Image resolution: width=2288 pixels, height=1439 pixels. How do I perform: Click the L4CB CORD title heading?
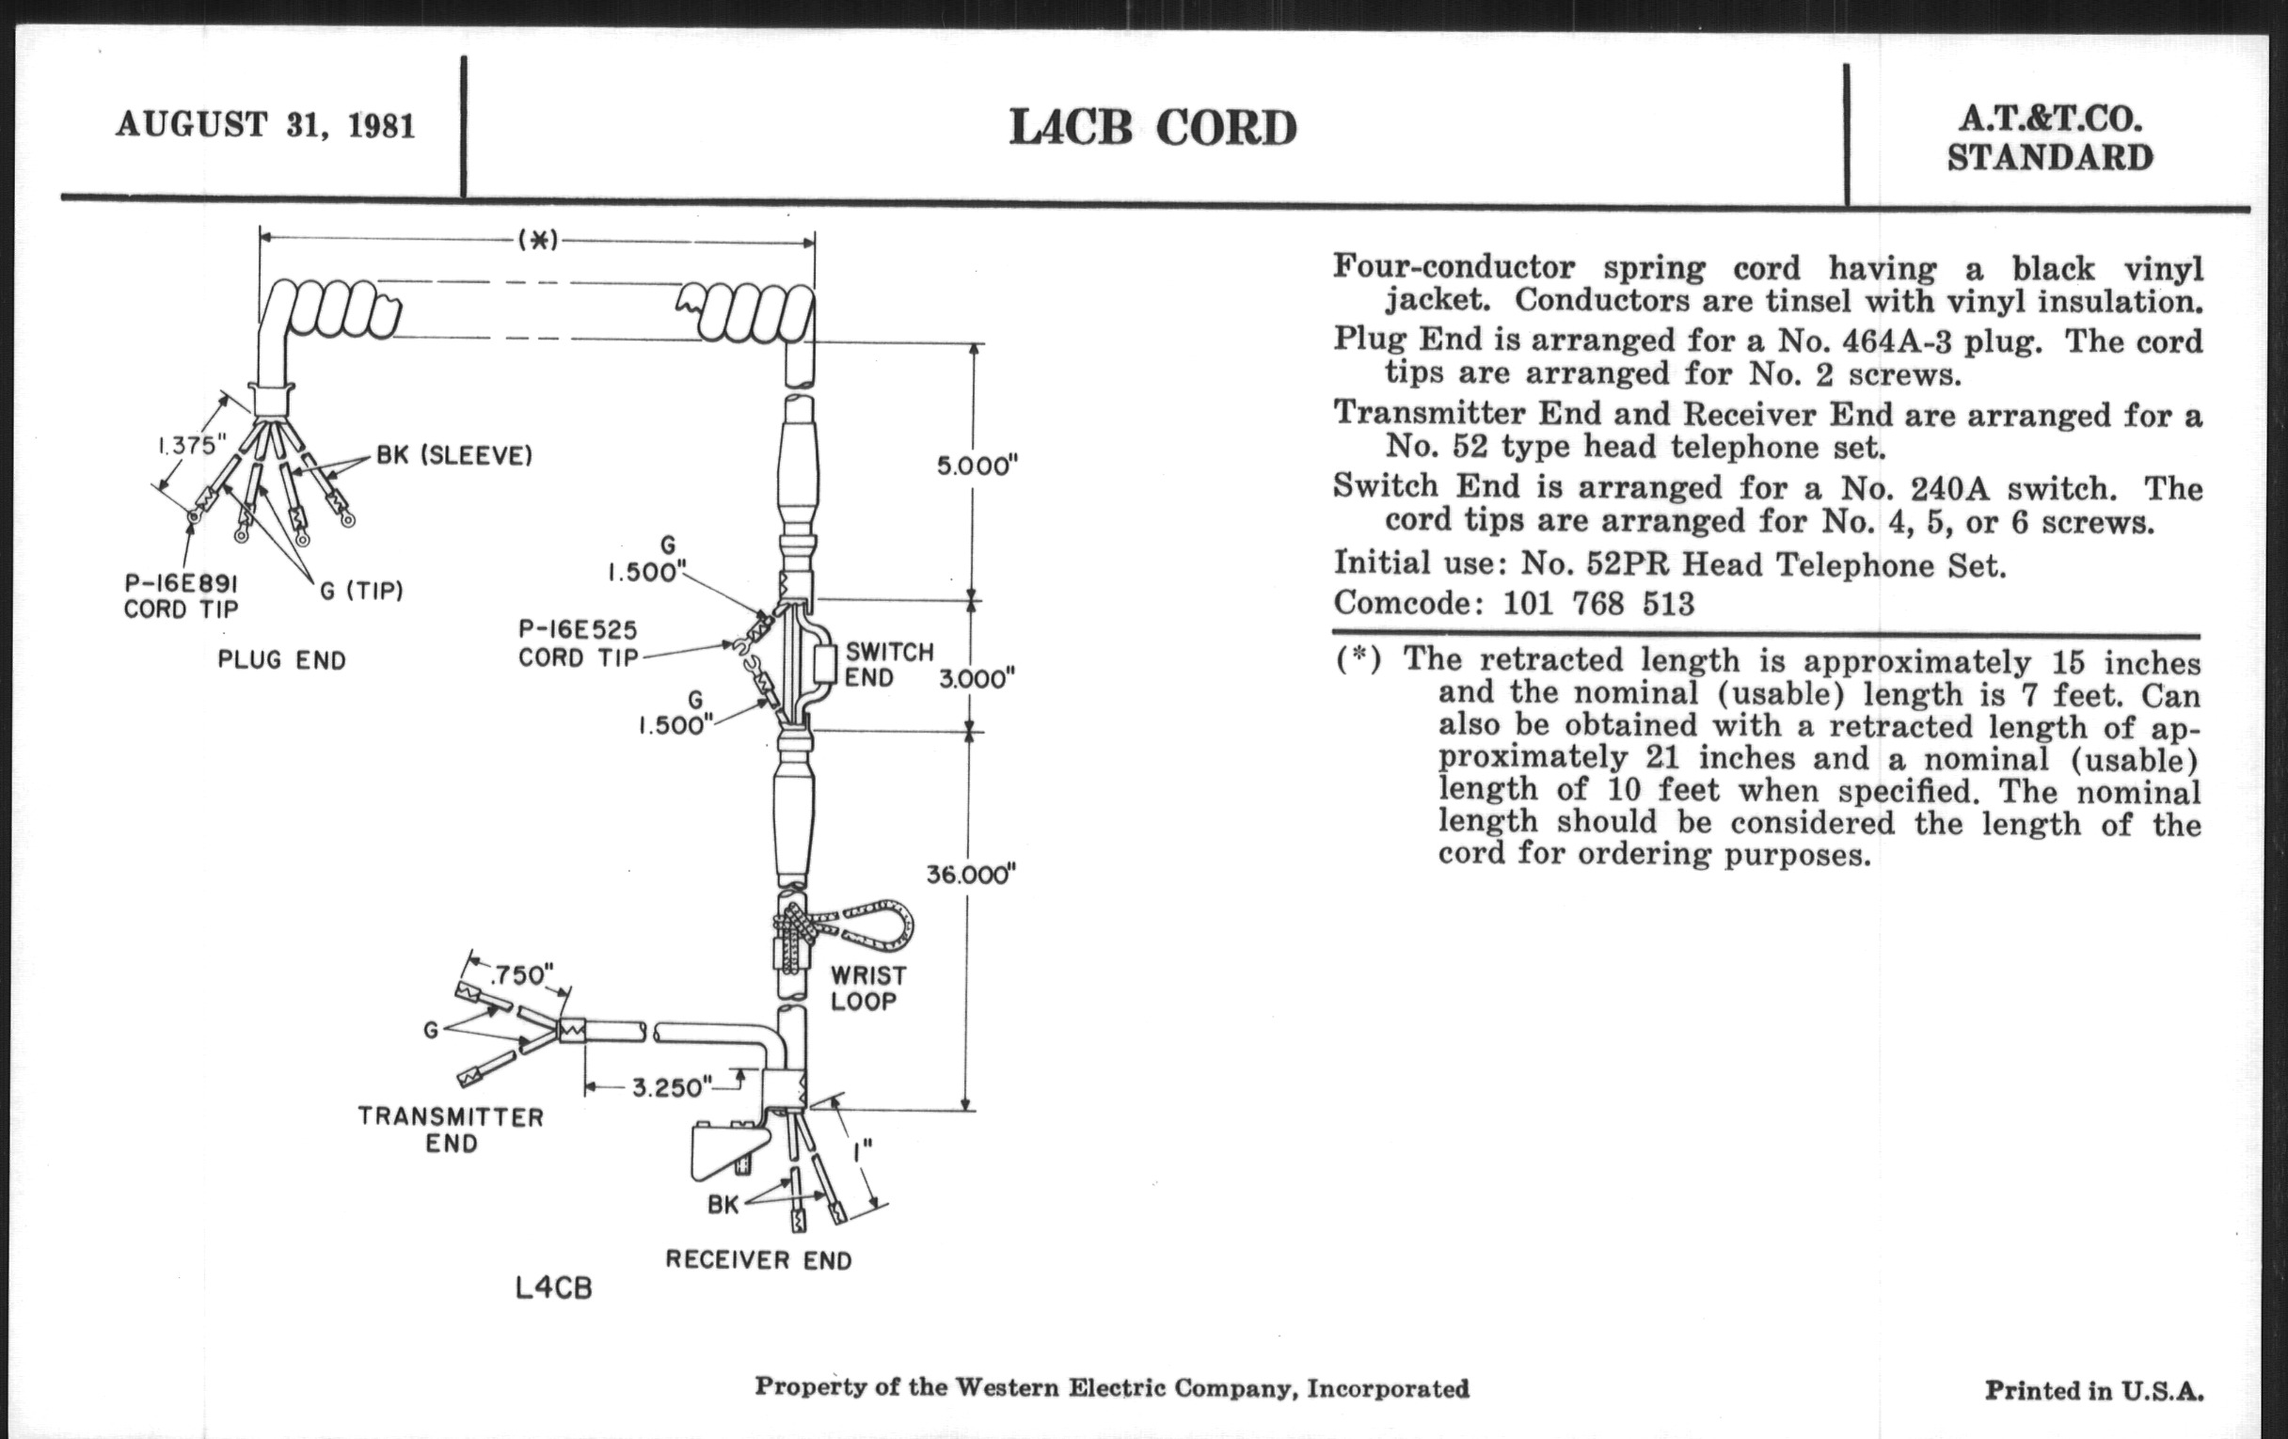(x=1152, y=129)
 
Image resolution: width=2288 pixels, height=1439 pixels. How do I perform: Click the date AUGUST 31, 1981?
(x=265, y=125)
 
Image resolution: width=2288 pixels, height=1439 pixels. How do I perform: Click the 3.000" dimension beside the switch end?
(x=977, y=678)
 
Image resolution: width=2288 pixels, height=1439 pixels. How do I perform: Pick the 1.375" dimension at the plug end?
(x=191, y=445)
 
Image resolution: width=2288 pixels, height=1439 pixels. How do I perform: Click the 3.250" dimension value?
(x=670, y=1086)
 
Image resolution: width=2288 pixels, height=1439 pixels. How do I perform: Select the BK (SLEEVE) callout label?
(x=454, y=456)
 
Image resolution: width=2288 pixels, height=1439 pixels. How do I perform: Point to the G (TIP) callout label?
(x=361, y=591)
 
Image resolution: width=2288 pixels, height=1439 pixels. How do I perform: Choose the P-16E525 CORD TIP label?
(x=578, y=643)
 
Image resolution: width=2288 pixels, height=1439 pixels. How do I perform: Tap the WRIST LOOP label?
(x=867, y=988)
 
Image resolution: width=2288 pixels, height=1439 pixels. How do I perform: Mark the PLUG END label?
(x=281, y=660)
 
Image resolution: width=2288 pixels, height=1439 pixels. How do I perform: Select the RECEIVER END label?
(x=758, y=1260)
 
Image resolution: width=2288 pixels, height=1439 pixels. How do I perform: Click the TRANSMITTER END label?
(x=451, y=1130)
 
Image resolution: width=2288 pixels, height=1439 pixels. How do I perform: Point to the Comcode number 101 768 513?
(x=1598, y=604)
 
